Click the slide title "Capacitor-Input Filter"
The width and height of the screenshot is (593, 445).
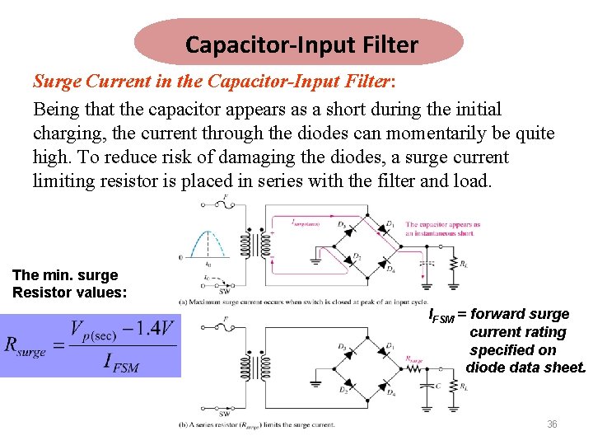click(x=301, y=44)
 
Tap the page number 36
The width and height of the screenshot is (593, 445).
click(x=552, y=424)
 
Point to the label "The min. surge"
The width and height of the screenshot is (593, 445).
click(x=65, y=275)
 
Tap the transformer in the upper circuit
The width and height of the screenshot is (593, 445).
click(x=251, y=244)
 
